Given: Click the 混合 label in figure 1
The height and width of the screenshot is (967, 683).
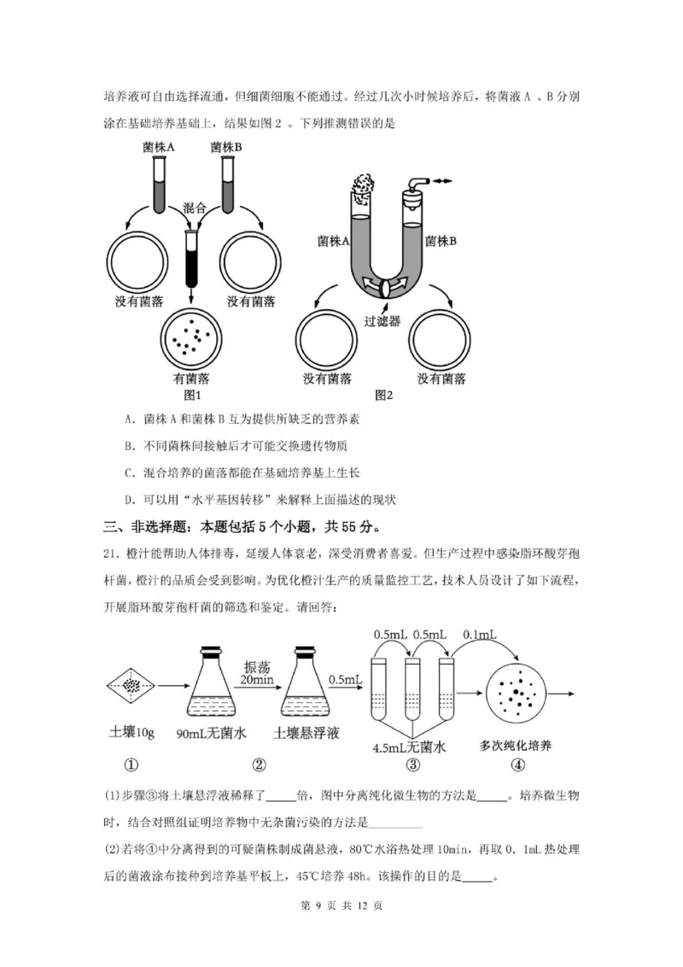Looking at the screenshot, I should pos(196,208).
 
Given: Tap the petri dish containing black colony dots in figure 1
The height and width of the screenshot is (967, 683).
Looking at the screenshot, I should pos(191,336).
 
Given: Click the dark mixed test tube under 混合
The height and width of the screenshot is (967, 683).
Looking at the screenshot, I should pos(190,256).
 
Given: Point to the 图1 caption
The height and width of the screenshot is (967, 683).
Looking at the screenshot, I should pos(191,395).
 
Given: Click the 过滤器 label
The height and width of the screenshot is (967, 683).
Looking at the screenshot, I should pos(382,322).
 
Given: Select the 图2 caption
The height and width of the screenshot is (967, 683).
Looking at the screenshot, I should pos(384,395).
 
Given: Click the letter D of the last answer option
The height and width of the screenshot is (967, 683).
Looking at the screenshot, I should pos(127,499).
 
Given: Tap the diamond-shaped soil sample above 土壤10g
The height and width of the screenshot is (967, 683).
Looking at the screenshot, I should pos(131,684).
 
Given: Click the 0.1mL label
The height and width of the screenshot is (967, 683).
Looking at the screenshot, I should pos(480,636).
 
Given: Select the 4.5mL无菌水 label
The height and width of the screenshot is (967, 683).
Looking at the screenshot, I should pos(410,746).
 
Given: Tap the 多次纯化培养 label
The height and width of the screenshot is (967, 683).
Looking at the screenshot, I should pos(516,746).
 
